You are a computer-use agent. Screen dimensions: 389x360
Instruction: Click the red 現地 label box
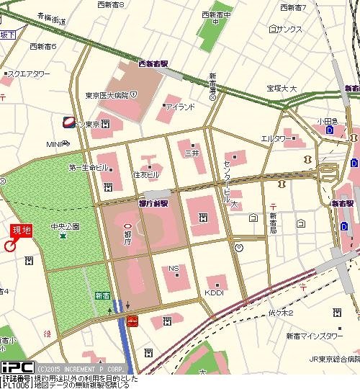click(21, 231)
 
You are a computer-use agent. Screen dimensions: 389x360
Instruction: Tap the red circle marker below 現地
click(10, 246)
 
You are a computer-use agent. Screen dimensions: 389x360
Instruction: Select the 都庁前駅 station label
click(152, 204)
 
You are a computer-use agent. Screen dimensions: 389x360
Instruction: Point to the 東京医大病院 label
click(106, 95)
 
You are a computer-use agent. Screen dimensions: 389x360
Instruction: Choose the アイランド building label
click(180, 107)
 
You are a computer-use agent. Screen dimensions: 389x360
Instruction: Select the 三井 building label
click(192, 153)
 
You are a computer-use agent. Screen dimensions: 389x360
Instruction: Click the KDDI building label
click(215, 292)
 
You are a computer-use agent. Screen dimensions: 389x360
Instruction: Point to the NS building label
click(174, 269)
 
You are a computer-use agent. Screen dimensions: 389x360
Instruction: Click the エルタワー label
click(277, 138)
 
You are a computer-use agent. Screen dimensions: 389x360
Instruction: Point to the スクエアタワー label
click(29, 73)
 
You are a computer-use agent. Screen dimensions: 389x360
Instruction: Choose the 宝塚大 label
click(282, 89)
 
